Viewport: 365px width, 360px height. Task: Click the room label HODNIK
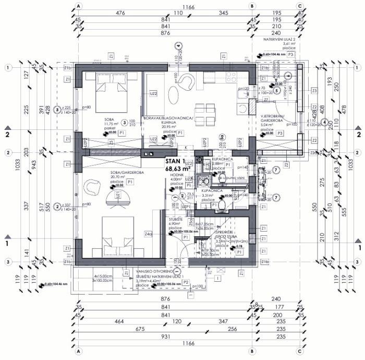tap(177, 178)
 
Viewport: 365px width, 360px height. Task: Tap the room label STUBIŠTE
tap(176, 220)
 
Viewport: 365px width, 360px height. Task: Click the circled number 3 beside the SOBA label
tap(124, 123)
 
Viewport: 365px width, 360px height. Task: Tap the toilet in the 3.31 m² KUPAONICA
tap(221, 206)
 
